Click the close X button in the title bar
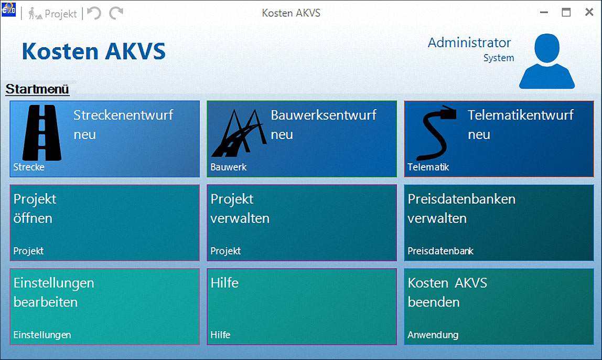589,12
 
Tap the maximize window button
566,12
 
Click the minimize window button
544,12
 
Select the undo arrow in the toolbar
94,13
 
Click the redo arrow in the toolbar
116,13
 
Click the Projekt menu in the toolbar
52,14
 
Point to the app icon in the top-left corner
8,9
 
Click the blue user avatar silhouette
547,61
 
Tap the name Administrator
469,43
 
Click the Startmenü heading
37,89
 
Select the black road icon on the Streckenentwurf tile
42,133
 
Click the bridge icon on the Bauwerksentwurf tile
239,133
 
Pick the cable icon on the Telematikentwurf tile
436,133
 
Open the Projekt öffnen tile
105,223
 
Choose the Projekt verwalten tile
302,223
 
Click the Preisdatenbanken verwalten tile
499,223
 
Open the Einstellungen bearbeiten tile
105,306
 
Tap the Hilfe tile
302,306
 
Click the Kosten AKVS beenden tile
499,306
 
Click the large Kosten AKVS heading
94,51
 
